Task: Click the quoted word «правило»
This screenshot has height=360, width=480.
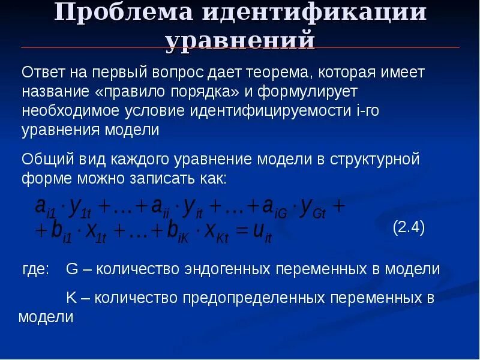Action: (x=136, y=92)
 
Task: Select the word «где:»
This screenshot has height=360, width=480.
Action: (x=35, y=269)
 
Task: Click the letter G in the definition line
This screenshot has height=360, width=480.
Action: (x=71, y=269)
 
